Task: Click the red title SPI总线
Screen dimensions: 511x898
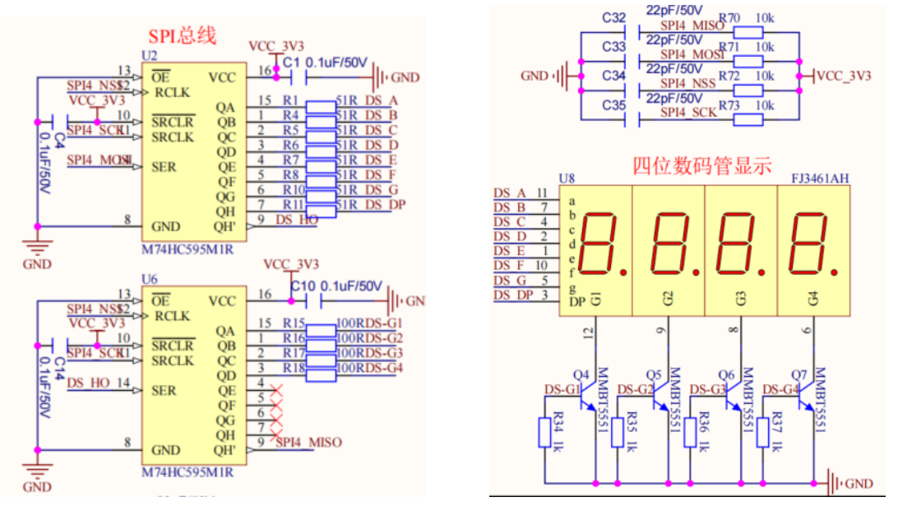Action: click(x=182, y=36)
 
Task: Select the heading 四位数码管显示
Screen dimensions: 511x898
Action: click(x=701, y=165)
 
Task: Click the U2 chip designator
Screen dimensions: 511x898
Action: click(x=149, y=55)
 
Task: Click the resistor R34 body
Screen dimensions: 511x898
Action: click(x=544, y=433)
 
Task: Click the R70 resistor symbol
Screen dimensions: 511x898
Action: click(x=748, y=32)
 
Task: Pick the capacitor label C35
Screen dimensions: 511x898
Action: click(x=613, y=105)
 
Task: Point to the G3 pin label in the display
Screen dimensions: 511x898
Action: click(x=742, y=298)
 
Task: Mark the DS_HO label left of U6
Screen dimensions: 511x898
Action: click(x=88, y=383)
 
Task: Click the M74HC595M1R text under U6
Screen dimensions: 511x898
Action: click(x=187, y=472)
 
